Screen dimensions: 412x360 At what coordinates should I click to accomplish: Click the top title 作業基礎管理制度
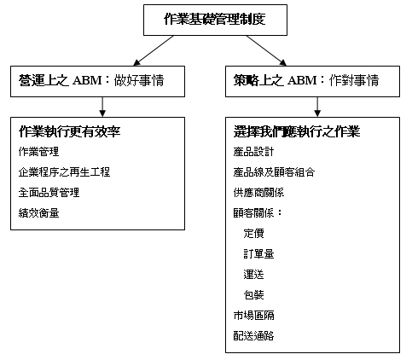(215, 20)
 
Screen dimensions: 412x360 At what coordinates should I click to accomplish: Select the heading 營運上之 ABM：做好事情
(91, 80)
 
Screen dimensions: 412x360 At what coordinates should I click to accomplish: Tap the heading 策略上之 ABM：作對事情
(306, 80)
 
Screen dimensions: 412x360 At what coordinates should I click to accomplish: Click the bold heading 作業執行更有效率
(70, 131)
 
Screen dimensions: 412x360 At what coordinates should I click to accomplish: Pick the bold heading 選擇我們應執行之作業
(297, 131)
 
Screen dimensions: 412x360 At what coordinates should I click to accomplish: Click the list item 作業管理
(38, 152)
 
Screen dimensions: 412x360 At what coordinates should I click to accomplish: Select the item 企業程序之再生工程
(64, 172)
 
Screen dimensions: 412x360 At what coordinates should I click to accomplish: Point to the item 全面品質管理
(49, 193)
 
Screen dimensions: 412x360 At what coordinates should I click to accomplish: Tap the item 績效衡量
(38, 213)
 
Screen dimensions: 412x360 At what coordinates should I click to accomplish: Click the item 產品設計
(253, 152)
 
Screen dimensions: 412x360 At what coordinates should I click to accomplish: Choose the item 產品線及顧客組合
(274, 172)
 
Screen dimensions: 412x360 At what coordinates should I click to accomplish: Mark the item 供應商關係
(258, 193)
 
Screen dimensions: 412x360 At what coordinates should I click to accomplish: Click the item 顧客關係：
(258, 213)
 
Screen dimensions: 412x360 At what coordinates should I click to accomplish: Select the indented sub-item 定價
(253, 234)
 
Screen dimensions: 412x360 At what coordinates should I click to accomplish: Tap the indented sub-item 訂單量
(258, 254)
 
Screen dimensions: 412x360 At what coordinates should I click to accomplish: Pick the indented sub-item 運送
(253, 275)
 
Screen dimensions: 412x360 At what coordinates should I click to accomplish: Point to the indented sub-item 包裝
(253, 295)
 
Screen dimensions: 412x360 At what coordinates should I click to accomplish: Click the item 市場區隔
(253, 316)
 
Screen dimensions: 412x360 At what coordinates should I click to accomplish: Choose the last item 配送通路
(253, 336)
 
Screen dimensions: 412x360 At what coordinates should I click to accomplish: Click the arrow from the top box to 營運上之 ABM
(154, 50)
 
